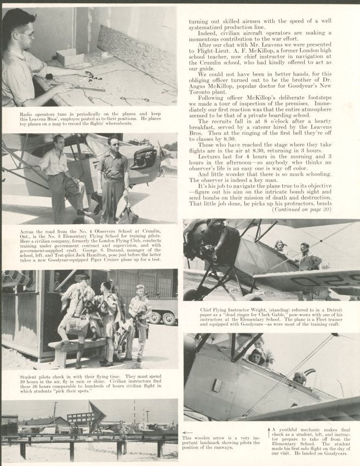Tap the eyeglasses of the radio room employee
(x=25, y=34)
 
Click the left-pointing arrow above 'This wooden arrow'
(x=187, y=431)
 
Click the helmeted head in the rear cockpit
(x=298, y=378)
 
